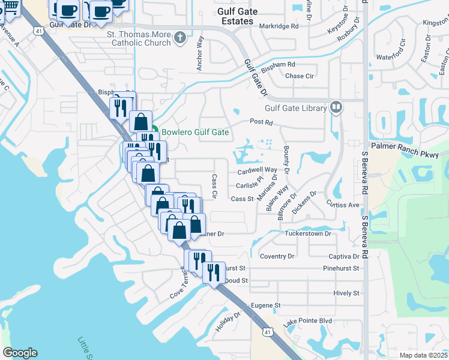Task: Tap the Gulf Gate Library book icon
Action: pyautogui.click(x=336, y=107)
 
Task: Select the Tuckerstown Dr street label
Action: pyautogui.click(x=307, y=233)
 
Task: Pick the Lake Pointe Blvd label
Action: pyautogui.click(x=307, y=321)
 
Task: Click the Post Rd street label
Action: pyautogui.click(x=261, y=122)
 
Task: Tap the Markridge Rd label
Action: pyautogui.click(x=279, y=26)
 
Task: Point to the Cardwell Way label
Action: pyautogui.click(x=258, y=170)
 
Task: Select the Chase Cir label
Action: pyautogui.click(x=300, y=76)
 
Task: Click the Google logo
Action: pyautogui.click(x=20, y=353)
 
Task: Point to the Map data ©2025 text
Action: pyautogui.click(x=424, y=355)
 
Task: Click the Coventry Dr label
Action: pyautogui.click(x=277, y=256)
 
